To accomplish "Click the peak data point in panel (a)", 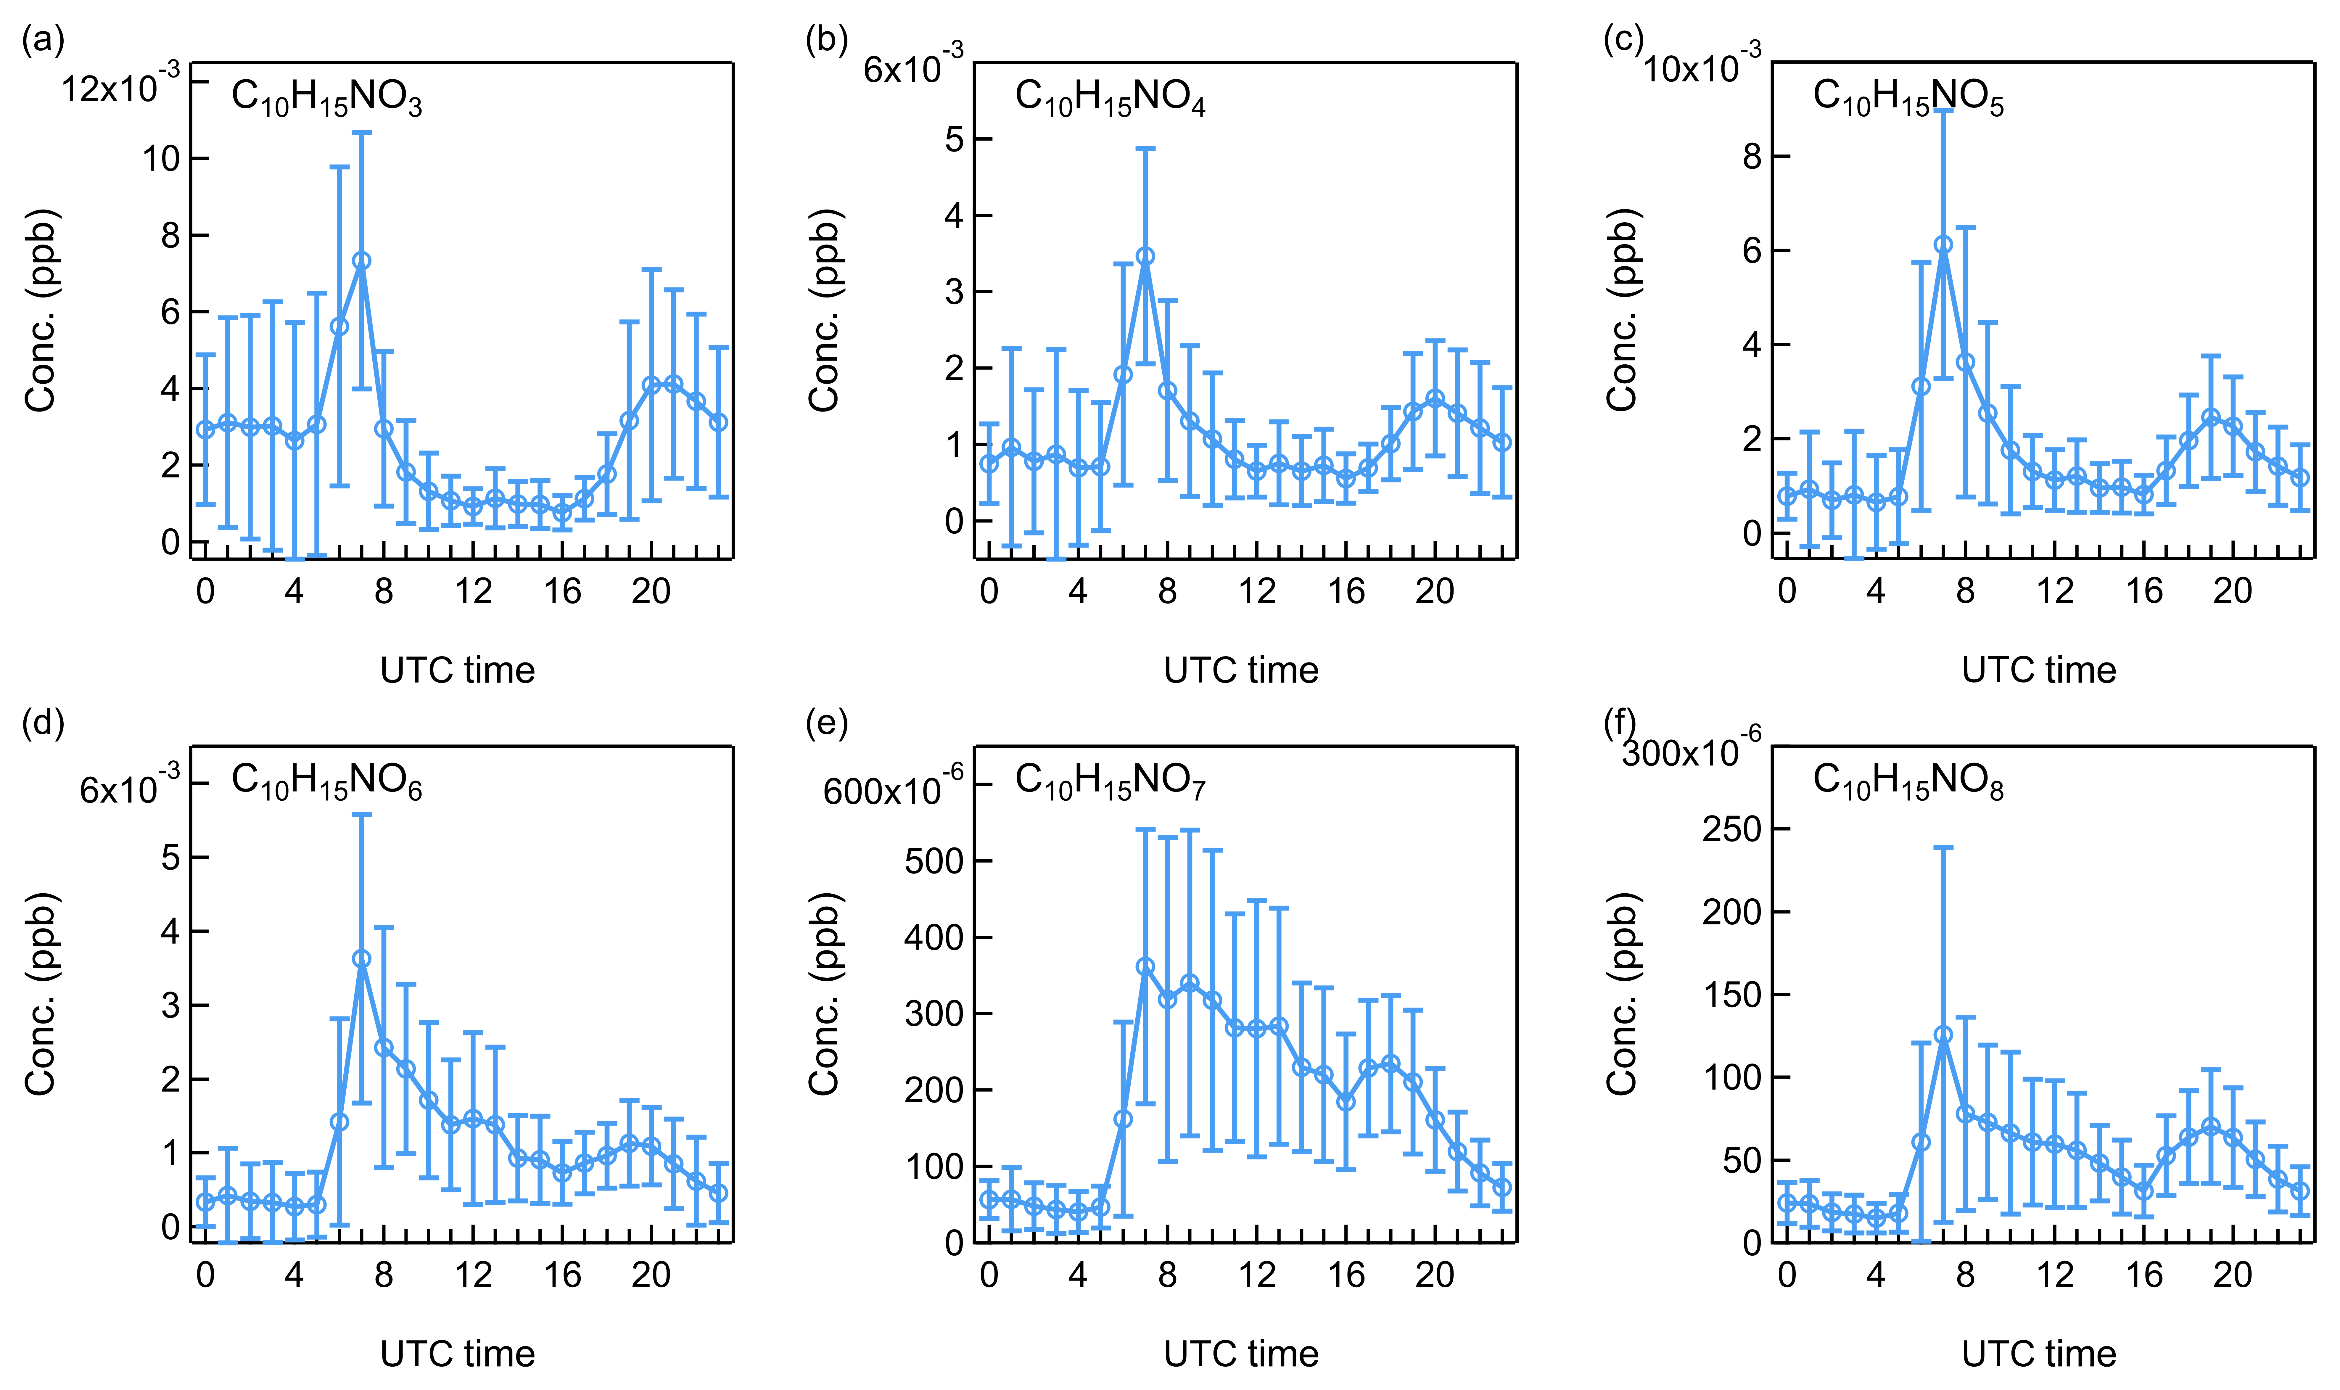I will pyautogui.click(x=361, y=260).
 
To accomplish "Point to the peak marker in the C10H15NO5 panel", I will pyautogui.click(x=1943, y=244).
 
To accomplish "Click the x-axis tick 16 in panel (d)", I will pyautogui.click(x=562, y=1275).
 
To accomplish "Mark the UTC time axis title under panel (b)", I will pyautogui.click(x=1241, y=671).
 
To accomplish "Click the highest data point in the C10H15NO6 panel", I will pyautogui.click(x=361, y=959).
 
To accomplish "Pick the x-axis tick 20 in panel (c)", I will pyautogui.click(x=2232, y=591).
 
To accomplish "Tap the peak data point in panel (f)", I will pyautogui.click(x=1943, y=1035).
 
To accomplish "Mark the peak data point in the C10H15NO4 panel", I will pyautogui.click(x=1144, y=256).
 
